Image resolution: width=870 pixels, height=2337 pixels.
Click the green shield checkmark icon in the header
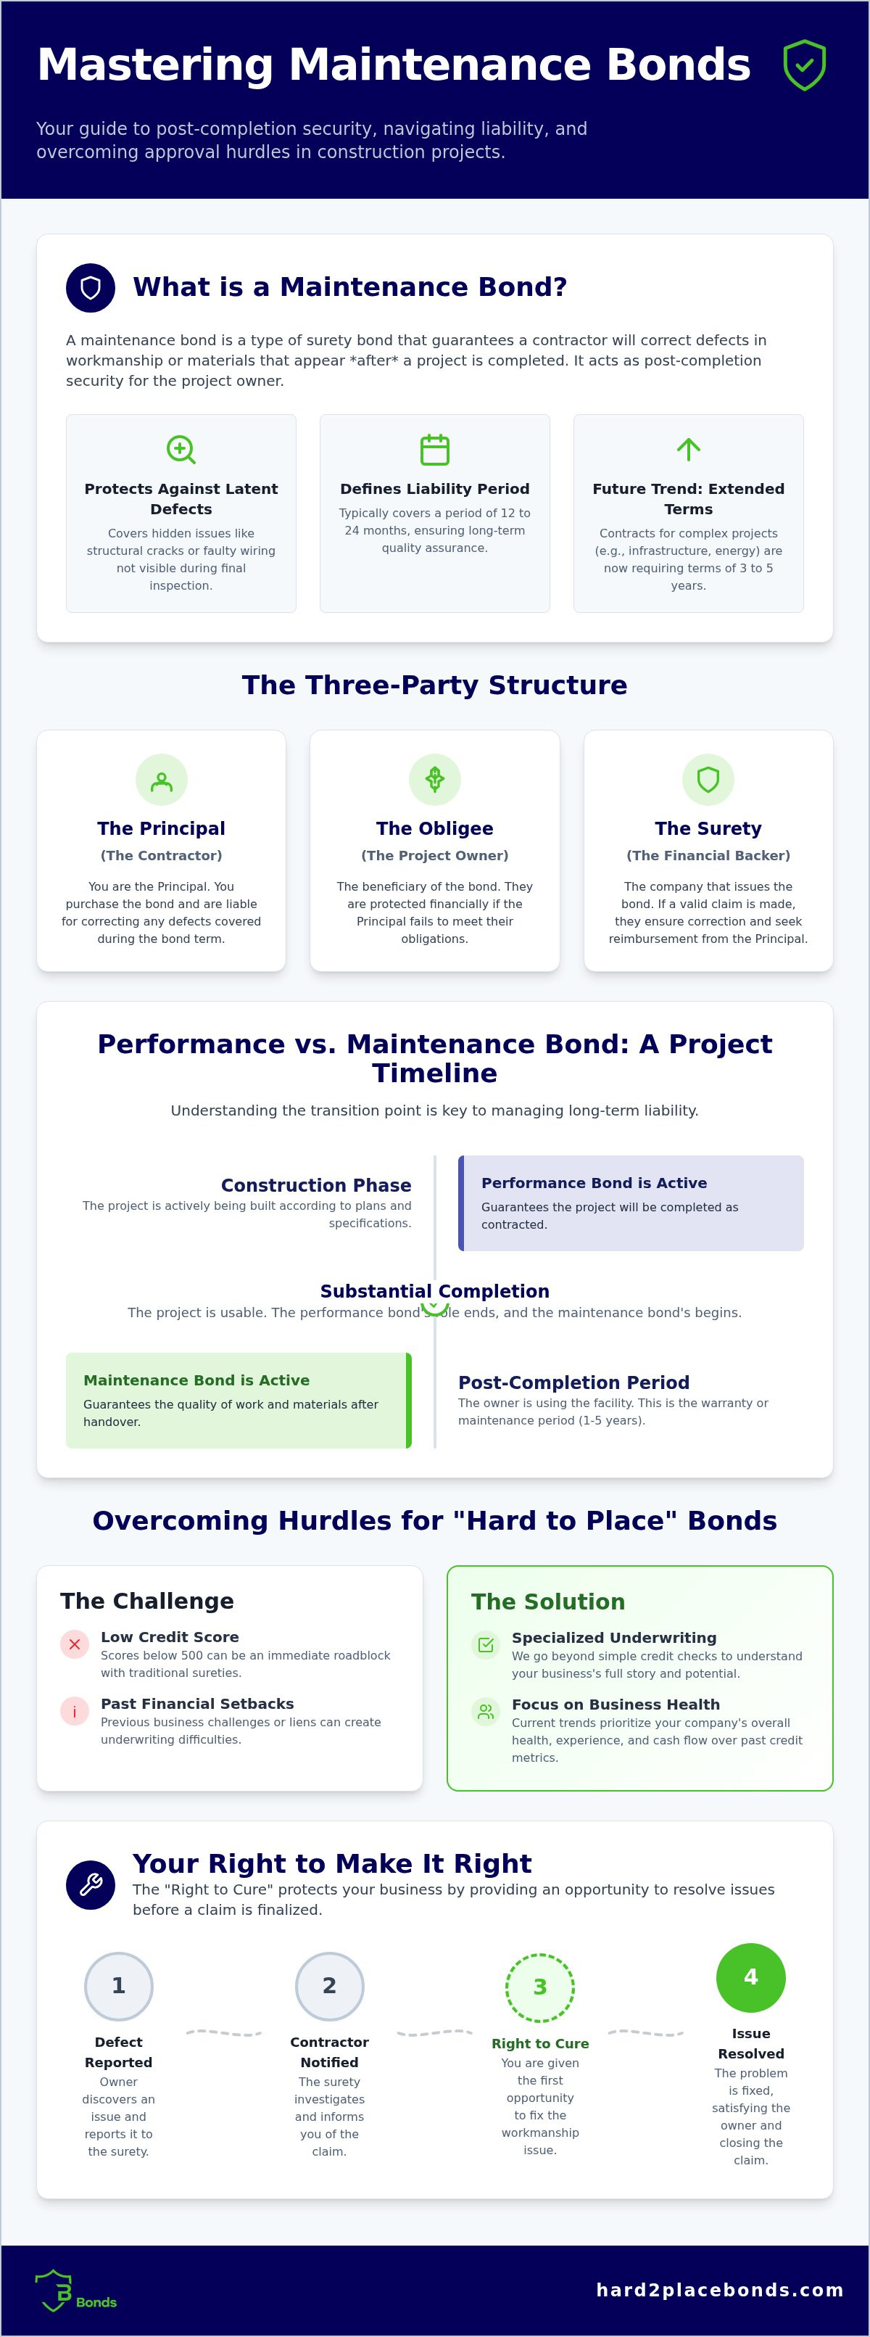click(804, 65)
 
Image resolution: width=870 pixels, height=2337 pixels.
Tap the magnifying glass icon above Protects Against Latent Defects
click(181, 449)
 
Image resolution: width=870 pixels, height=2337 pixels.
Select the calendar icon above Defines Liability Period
click(434, 449)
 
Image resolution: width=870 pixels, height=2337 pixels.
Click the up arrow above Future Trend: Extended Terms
click(689, 449)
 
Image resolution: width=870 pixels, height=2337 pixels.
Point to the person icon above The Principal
click(162, 780)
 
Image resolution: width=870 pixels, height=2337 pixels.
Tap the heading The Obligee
click(434, 828)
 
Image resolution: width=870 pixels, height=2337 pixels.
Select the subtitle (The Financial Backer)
click(708, 855)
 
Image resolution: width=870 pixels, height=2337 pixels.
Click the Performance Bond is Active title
click(594, 1183)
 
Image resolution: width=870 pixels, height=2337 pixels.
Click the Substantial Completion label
click(434, 1291)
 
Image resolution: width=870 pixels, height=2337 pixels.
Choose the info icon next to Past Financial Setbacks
click(75, 1712)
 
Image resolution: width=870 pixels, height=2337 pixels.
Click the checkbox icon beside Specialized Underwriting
click(485, 1646)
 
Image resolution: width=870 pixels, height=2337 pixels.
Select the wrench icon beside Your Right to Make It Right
click(91, 1885)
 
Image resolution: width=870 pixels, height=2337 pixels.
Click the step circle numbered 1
click(119, 1986)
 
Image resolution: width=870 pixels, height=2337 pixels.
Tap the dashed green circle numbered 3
click(540, 1987)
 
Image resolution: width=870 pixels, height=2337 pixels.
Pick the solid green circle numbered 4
click(751, 1978)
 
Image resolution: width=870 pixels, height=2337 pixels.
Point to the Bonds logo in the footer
click(75, 2291)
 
